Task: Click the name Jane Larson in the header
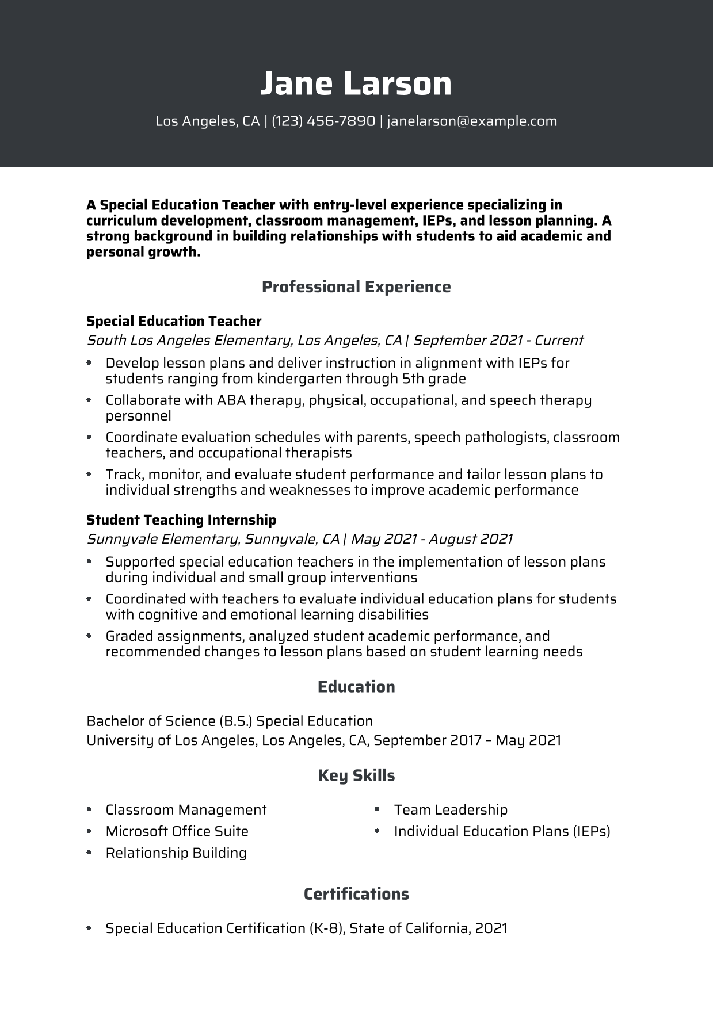(356, 83)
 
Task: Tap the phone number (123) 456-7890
(323, 121)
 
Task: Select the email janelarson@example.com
(472, 121)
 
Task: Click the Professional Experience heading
(356, 286)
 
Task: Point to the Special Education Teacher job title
(174, 321)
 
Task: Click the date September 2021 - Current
(498, 340)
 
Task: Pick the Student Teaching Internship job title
(181, 520)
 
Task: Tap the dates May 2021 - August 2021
(431, 539)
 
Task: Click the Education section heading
(356, 687)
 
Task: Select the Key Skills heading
(356, 775)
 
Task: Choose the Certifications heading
(356, 894)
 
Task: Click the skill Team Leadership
(451, 810)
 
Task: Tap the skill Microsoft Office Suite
(177, 831)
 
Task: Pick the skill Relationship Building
(176, 853)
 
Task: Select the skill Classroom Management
(186, 810)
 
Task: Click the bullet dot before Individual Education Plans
(377, 831)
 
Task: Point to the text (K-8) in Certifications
(326, 928)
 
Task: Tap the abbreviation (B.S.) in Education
(235, 721)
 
